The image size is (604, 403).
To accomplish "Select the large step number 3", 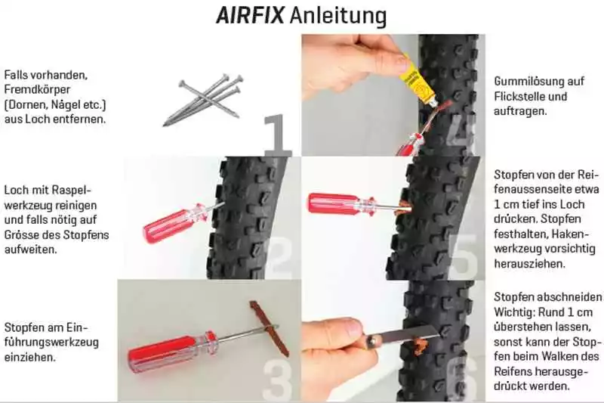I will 279,374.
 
